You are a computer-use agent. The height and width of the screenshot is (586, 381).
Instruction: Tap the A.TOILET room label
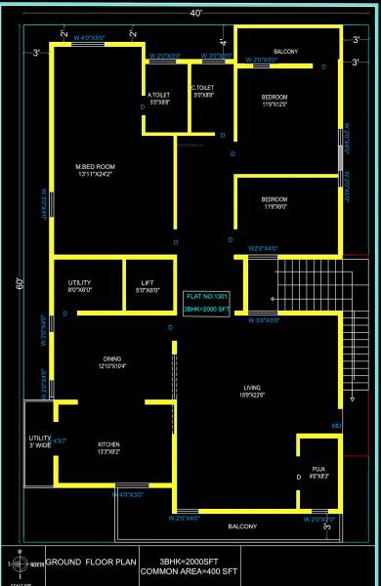(x=158, y=96)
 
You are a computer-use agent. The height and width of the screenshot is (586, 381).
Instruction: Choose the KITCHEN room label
(x=107, y=445)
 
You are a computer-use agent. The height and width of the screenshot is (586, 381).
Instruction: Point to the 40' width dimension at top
(x=196, y=14)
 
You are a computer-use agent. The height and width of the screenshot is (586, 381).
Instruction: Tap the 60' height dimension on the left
(x=19, y=284)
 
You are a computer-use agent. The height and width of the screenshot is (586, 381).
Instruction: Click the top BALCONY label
(x=285, y=51)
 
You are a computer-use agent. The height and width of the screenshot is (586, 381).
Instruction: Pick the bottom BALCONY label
(x=242, y=526)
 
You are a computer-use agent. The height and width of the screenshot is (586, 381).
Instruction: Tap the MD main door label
(x=336, y=426)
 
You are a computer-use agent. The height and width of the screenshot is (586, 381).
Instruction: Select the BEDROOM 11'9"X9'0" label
(x=274, y=202)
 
